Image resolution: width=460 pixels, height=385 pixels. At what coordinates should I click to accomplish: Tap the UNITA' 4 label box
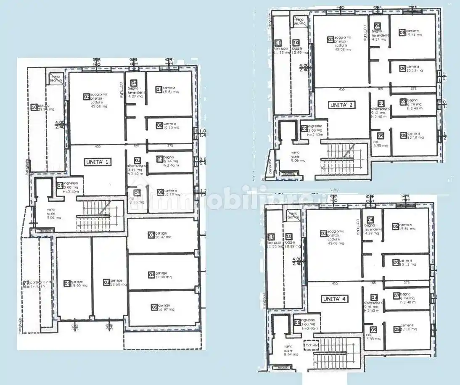point(335,299)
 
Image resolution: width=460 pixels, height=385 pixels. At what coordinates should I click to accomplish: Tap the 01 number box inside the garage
point(67,283)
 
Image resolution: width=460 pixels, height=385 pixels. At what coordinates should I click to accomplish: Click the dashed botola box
point(312,345)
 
